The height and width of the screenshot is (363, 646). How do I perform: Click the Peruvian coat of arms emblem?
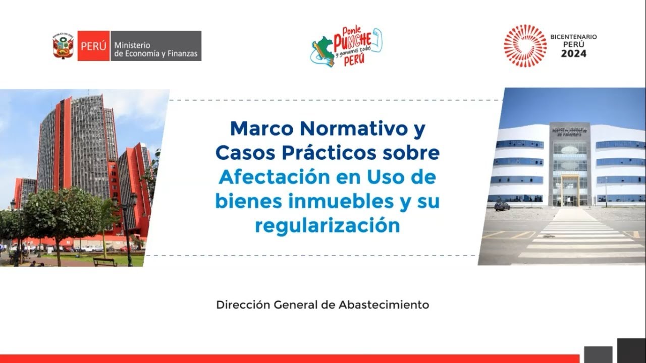(63, 46)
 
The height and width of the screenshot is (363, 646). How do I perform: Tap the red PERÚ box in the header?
(93, 46)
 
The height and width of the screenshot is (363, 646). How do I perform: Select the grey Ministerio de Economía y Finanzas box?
(155, 46)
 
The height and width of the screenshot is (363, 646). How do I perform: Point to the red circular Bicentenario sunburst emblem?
(525, 46)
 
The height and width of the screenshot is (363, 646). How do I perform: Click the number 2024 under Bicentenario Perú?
(574, 53)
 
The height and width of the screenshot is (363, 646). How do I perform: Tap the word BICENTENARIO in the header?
(573, 37)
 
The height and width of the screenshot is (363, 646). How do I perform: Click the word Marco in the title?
(262, 129)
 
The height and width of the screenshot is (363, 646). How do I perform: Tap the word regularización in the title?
(327, 225)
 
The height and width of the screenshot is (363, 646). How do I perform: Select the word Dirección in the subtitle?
(243, 305)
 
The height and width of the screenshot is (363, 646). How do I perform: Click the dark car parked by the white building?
(502, 206)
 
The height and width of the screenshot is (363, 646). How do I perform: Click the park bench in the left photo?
(105, 262)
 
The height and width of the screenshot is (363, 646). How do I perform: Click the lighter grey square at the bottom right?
(598, 354)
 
